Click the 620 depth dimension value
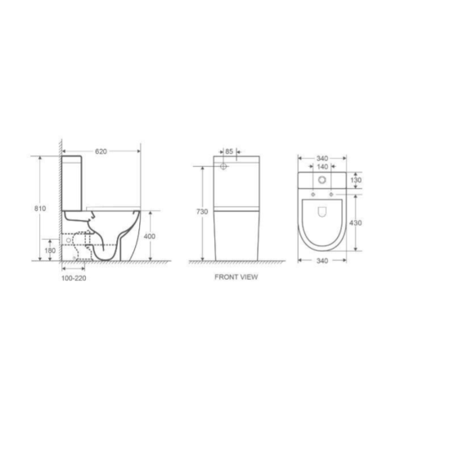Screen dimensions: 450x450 101,151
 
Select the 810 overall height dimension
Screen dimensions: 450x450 39,209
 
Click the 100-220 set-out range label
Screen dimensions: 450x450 74,277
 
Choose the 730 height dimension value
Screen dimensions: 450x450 201,212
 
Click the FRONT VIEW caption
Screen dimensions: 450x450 236,277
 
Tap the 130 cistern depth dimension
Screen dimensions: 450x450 356,180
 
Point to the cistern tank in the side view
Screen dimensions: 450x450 74,181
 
